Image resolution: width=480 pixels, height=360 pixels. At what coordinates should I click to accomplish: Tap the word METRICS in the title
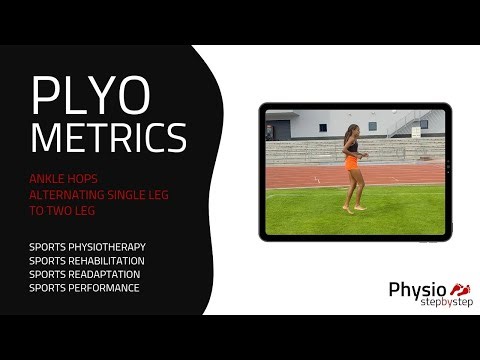[x=108, y=136]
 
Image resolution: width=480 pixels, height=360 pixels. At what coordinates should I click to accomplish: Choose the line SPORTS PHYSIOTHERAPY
[x=88, y=246]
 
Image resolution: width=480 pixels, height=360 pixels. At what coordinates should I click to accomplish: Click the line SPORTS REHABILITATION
[x=88, y=260]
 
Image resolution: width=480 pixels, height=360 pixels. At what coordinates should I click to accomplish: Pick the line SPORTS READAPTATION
[x=85, y=274]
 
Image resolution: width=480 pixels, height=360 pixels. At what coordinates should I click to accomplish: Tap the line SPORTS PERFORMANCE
[x=85, y=288]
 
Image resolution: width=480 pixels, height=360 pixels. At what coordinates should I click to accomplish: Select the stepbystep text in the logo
[x=446, y=302]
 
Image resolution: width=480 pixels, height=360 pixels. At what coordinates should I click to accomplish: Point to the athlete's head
[x=351, y=131]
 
